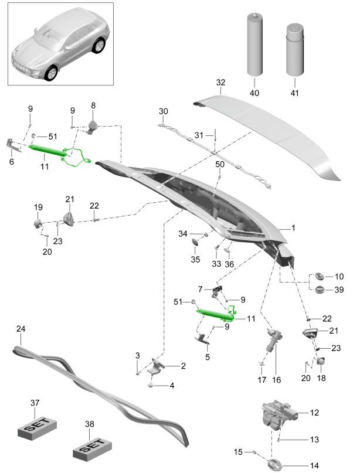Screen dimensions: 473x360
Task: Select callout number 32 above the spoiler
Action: point(220,83)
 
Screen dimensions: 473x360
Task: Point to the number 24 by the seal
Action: point(21,329)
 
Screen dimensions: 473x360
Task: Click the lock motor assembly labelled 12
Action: point(279,415)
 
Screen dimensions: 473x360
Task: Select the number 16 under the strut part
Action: point(276,380)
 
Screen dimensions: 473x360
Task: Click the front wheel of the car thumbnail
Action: point(52,73)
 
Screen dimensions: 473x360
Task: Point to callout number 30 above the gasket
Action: point(163,111)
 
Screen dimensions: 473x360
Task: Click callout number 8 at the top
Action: point(93,106)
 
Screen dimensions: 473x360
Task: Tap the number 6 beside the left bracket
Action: point(11,161)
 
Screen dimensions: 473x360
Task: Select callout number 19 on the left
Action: point(38,207)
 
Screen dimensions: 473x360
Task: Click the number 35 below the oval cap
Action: point(195,259)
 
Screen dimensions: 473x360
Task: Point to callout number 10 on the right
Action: point(339,275)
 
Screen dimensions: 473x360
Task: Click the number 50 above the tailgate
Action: point(220,164)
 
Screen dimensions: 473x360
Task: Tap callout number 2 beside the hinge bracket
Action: point(183,366)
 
